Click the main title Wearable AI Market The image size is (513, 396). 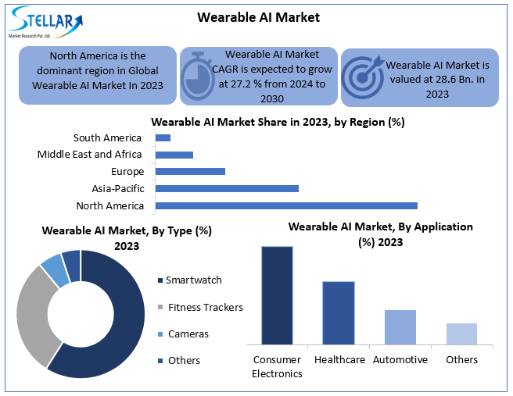[258, 17]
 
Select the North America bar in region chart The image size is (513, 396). [286, 205]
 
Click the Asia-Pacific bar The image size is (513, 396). [227, 188]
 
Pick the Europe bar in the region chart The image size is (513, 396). [190, 171]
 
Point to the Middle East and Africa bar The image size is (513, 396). [174, 155]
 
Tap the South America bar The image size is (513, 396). [163, 138]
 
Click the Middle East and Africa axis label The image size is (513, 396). [90, 155]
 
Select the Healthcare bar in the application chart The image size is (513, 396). [339, 312]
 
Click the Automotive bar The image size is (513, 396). [400, 326]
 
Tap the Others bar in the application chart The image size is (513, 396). [461, 334]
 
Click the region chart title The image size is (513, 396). [278, 122]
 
